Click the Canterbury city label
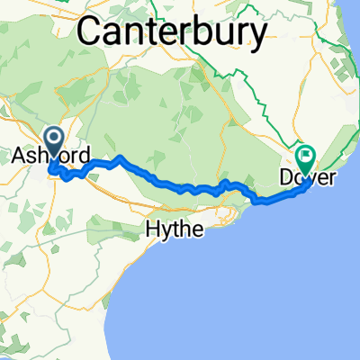coord(173,33)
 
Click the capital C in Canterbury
coord(91,33)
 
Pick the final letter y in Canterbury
coord(258,37)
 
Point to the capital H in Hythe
coord(152,229)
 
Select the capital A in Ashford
coord(18,157)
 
